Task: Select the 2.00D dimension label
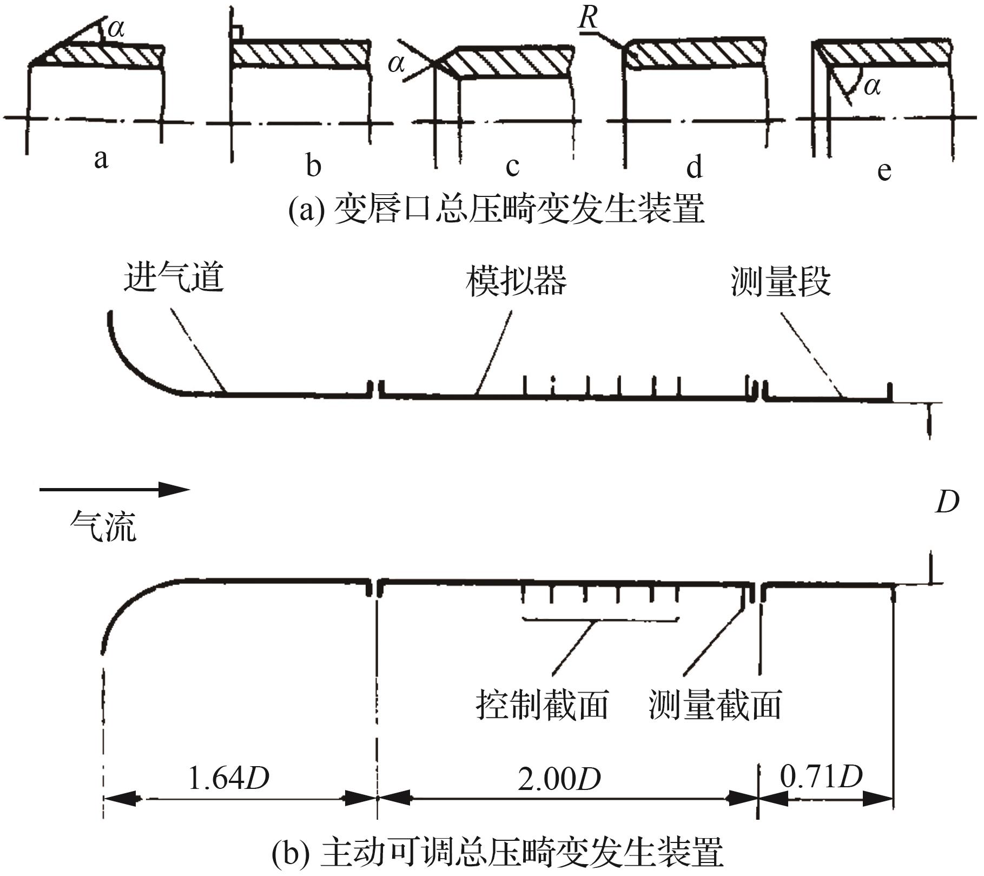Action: click(559, 780)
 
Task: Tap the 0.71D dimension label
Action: click(821, 777)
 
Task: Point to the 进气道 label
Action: click(174, 279)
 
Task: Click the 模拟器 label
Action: click(516, 281)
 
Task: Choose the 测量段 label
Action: click(781, 281)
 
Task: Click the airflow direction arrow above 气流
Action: click(114, 490)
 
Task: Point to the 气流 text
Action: click(103, 526)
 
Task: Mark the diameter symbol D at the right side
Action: click(947, 503)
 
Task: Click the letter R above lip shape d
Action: click(589, 18)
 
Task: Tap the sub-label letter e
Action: click(884, 170)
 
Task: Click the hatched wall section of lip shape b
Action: click(301, 55)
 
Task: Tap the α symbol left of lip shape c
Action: click(396, 64)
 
